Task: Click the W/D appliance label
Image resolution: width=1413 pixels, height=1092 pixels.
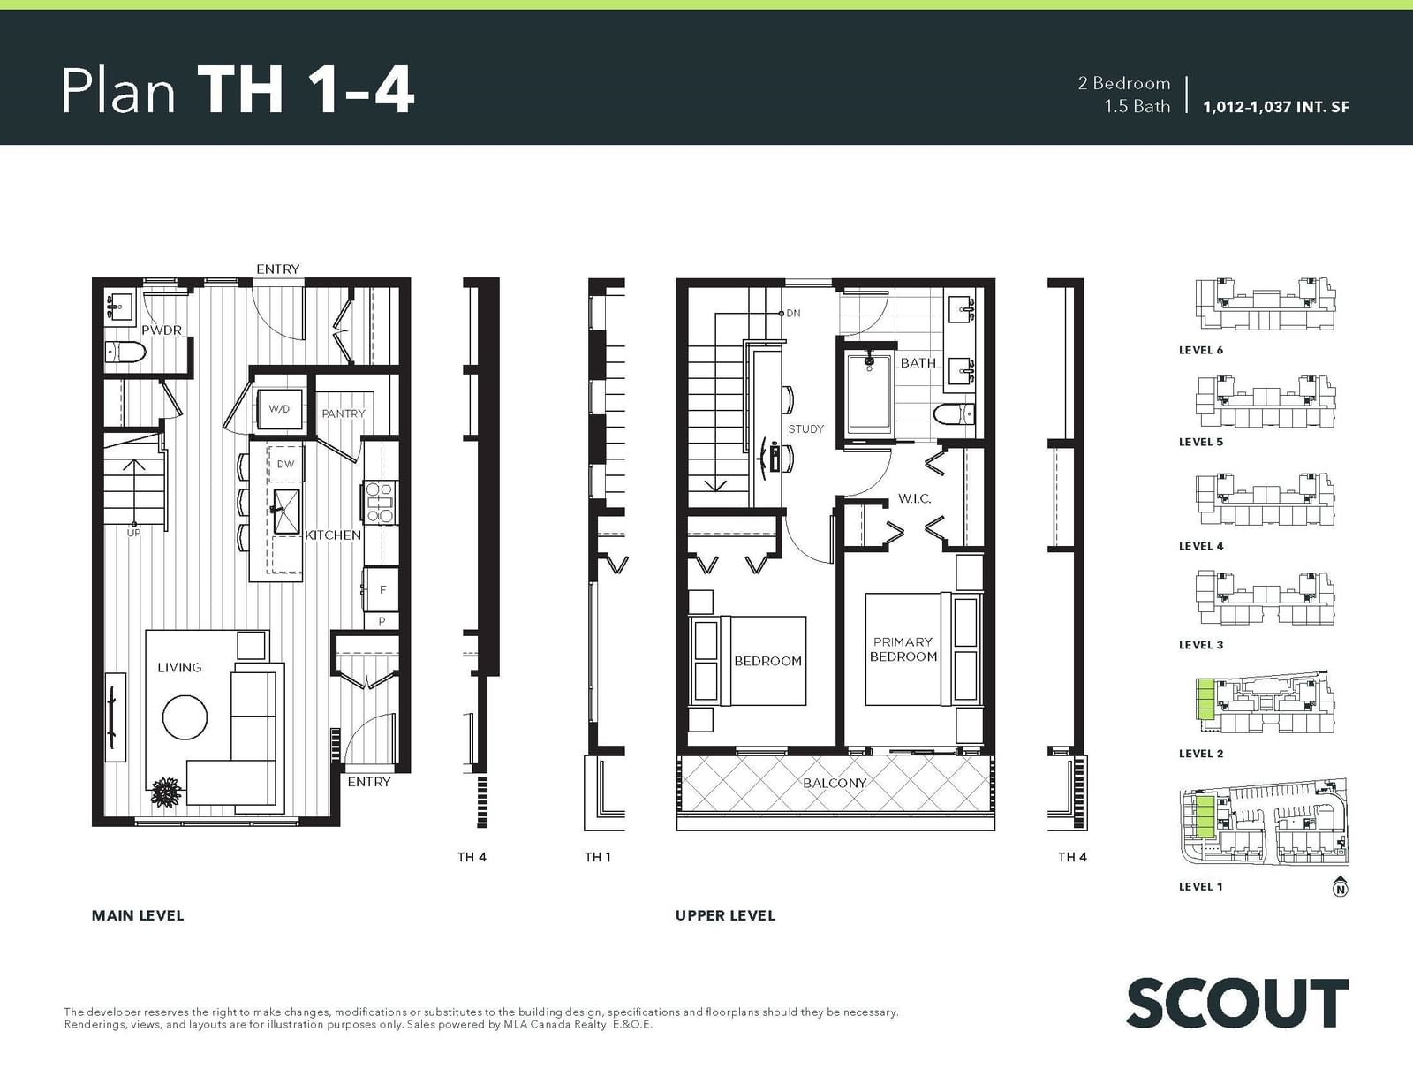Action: coord(279,409)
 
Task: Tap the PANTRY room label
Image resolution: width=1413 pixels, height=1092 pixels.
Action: coord(344,413)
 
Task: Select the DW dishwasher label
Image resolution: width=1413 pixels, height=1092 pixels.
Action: coord(285,464)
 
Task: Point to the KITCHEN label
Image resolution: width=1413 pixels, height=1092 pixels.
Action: coord(333,535)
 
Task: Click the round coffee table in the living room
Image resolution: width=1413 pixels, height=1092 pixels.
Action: coord(185,717)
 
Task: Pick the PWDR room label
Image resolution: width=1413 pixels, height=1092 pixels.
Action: coord(162,330)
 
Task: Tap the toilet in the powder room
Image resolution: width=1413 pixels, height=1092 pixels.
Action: coord(125,352)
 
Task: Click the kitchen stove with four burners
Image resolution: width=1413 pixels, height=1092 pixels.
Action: coord(381,502)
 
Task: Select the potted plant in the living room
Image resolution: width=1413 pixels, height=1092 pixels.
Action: coord(166,792)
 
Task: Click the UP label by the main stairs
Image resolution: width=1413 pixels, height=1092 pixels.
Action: coord(133,533)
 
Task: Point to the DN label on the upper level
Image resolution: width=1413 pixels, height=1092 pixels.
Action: coord(793,313)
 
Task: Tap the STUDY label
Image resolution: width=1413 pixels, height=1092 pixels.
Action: coord(805,428)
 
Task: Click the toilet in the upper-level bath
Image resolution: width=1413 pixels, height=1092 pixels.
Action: coord(954,413)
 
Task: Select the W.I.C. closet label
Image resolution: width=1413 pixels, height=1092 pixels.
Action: coord(914,498)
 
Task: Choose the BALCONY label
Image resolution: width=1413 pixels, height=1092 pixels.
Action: coord(835,783)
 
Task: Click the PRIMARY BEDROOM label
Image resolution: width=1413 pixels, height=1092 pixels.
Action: coord(903,649)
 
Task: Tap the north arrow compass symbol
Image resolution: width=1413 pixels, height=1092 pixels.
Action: coord(1340,886)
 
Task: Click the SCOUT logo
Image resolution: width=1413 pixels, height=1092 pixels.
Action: coord(1236,1004)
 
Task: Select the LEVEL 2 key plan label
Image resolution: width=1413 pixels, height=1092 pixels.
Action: coord(1201,753)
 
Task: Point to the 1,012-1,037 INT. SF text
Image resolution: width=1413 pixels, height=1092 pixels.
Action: coord(1276,107)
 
